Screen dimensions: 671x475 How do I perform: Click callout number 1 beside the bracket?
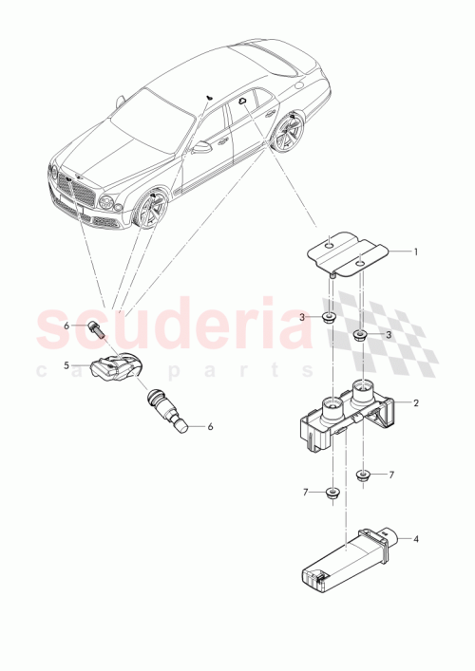pos(415,252)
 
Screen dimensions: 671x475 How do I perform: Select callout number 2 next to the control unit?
pos(415,402)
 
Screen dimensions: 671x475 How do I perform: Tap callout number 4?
pos(415,540)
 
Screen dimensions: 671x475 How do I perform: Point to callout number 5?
pos(66,364)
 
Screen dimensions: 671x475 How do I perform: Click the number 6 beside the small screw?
pos(66,326)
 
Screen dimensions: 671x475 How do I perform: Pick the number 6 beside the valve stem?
pos(211,427)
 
